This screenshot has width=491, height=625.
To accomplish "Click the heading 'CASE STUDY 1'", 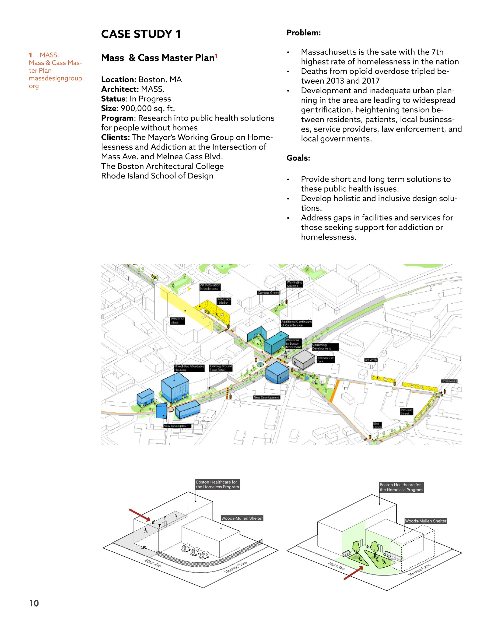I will pyautogui.click(x=141, y=34).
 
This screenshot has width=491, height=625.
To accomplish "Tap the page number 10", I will pyautogui.click(x=34, y=603).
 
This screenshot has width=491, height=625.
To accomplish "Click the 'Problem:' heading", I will pyautogui.click(x=304, y=33).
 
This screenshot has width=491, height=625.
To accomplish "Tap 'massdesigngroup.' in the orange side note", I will pyautogui.click(x=56, y=78).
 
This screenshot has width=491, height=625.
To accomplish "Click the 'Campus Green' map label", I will pyautogui.click(x=268, y=293).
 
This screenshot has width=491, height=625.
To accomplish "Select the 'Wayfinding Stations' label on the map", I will pyautogui.click(x=294, y=284).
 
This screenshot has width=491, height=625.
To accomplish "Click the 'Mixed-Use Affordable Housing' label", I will pyautogui.click(x=189, y=368).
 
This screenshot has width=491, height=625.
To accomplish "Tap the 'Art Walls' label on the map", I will pyautogui.click(x=371, y=360).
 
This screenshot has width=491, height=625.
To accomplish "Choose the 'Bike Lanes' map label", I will pyautogui.click(x=377, y=425).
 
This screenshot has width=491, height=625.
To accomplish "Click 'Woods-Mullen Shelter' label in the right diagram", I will pyautogui.click(x=425, y=521).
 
